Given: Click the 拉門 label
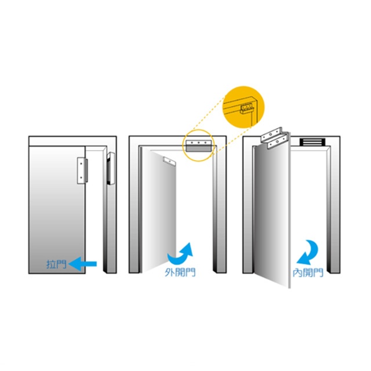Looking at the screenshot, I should coord(56,264).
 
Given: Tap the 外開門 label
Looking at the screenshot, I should coord(180,272).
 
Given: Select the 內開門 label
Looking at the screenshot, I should coord(307,272).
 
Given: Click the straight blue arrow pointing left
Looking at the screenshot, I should coord(82,264).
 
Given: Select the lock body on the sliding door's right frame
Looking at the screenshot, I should coord(111,169).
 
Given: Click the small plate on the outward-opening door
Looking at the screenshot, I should coord(170,160).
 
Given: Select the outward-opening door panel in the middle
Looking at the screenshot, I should coord(163,214).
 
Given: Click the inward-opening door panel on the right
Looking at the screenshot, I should coord(271,214).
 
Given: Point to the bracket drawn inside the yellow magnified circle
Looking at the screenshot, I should coord(246,108).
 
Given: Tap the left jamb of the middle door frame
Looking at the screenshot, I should coord(134,209).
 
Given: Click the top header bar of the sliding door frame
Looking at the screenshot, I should coord(72,140).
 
